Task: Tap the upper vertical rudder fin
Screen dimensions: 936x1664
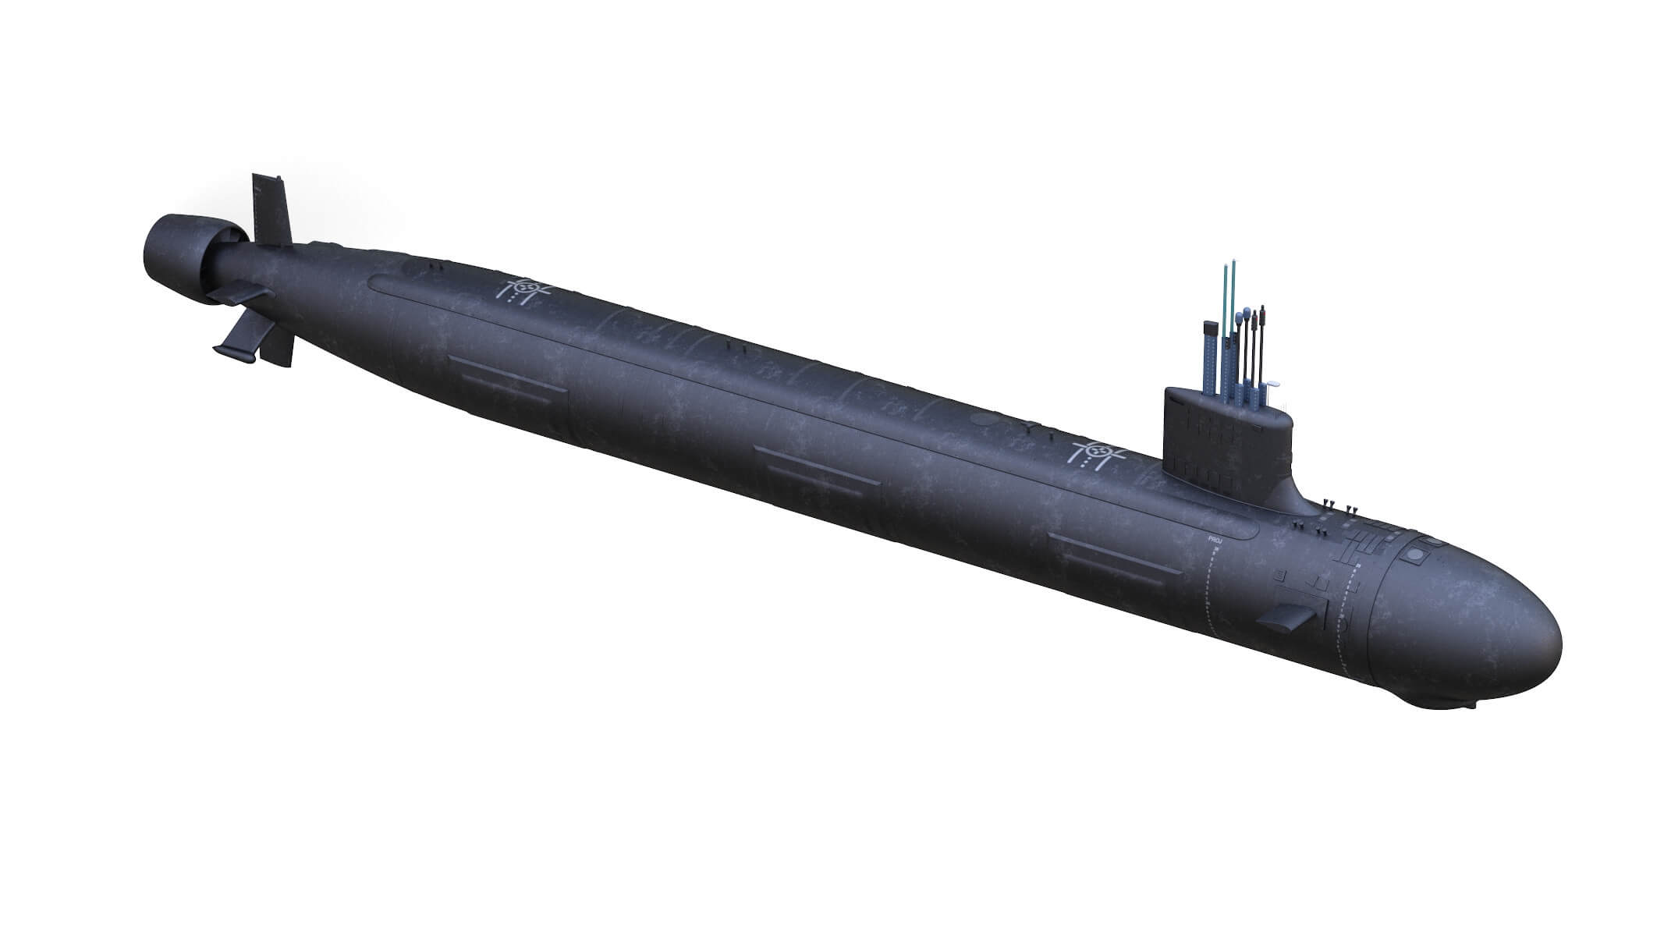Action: (x=270, y=207)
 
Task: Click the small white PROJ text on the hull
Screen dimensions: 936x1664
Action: (x=1213, y=537)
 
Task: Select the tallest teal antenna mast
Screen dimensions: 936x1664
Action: (x=1226, y=328)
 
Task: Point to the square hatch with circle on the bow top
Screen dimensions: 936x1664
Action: (x=1413, y=555)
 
